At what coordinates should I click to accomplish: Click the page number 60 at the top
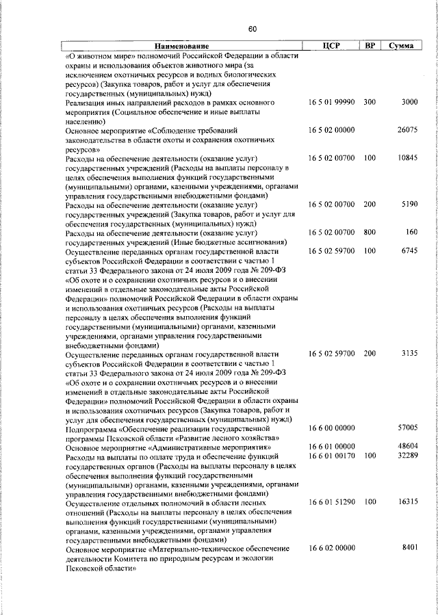point(251,29)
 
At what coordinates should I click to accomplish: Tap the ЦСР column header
point(331,46)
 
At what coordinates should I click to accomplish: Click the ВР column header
point(370,46)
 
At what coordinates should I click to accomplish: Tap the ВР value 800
point(370,232)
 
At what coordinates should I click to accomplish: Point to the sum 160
point(411,232)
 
